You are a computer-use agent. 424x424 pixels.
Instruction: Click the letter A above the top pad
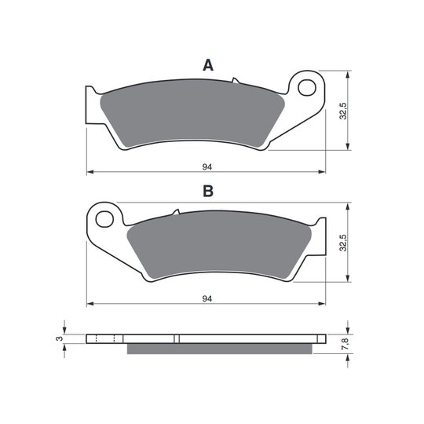point(208,65)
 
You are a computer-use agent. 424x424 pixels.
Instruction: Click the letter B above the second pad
point(208,191)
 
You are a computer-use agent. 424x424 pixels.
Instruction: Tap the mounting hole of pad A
point(307,87)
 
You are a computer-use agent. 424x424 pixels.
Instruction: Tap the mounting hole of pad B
point(104,219)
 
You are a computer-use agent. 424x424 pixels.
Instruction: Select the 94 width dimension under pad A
point(207,167)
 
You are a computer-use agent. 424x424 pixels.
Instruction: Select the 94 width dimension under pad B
point(207,299)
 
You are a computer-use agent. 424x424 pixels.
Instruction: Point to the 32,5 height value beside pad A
point(343,111)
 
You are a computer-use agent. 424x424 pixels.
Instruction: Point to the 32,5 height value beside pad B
point(343,243)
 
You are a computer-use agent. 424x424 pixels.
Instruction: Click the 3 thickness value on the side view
point(60,338)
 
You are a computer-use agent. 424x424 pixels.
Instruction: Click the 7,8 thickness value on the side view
point(345,344)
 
